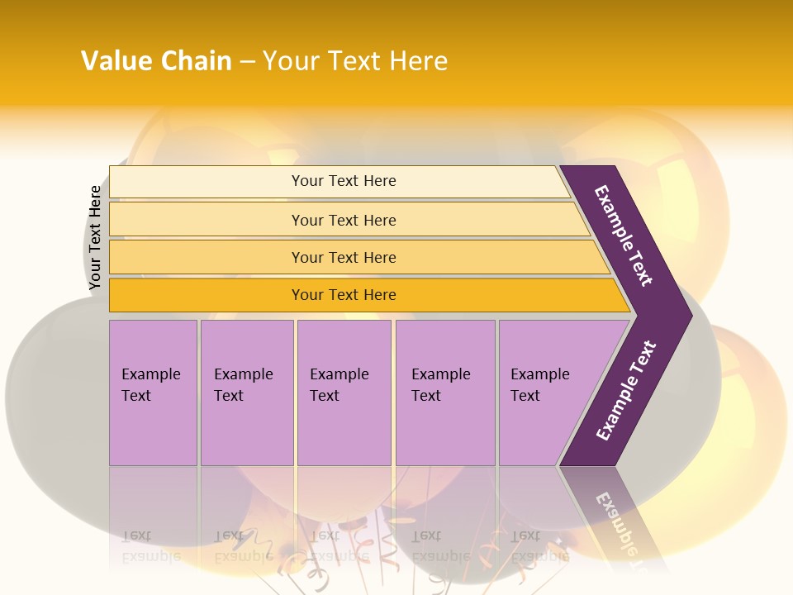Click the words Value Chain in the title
click(156, 61)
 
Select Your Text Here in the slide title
click(355, 61)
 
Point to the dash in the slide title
click(247, 62)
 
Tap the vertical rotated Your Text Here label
click(95, 238)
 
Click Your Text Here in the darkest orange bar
click(344, 295)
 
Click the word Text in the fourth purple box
click(426, 396)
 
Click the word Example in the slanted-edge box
click(539, 374)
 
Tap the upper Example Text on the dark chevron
click(624, 236)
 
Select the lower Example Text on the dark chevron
click(626, 390)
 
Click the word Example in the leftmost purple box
click(150, 374)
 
